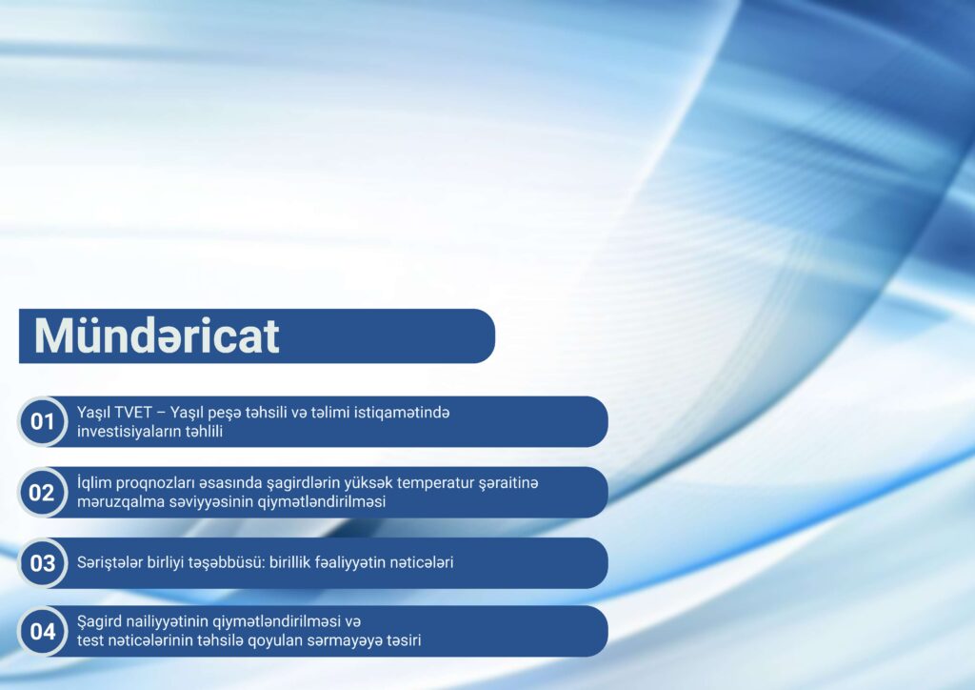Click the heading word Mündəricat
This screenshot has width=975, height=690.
(156, 335)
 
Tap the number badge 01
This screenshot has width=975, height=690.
(42, 422)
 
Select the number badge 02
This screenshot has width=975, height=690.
(42, 493)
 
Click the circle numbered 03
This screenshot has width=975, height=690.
(42, 563)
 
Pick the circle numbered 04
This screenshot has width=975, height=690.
(42, 632)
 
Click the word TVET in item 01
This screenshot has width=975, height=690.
(133, 413)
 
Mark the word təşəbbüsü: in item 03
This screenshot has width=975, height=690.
(228, 562)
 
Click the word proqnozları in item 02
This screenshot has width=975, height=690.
(158, 483)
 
